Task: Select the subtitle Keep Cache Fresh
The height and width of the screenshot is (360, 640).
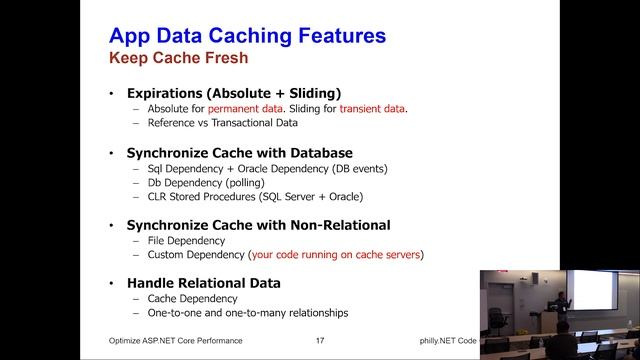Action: tap(178, 59)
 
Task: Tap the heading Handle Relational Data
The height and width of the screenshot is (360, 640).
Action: tap(203, 283)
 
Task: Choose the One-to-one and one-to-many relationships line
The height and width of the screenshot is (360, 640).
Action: tap(247, 313)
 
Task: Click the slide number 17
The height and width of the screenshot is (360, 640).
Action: tap(319, 341)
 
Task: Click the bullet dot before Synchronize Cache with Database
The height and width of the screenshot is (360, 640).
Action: tap(112, 153)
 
